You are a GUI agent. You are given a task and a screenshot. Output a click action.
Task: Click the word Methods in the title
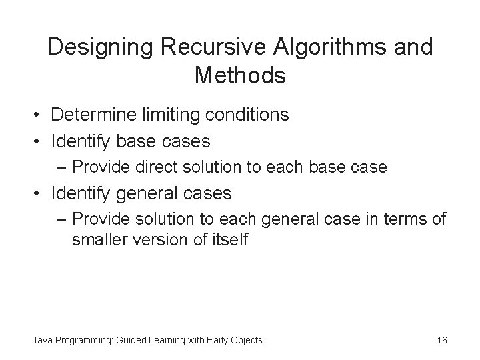pos(240,75)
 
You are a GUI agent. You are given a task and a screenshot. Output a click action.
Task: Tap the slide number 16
pos(442,340)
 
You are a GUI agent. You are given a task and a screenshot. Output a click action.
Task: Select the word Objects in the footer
pos(245,340)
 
